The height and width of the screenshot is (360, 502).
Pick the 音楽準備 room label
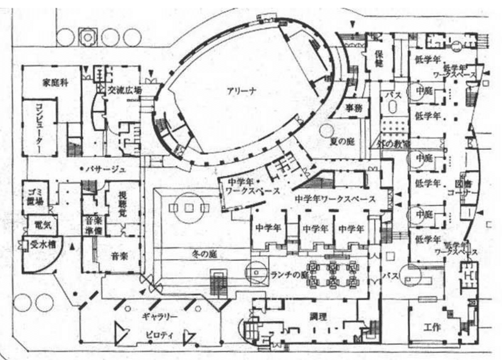(x=93, y=224)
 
